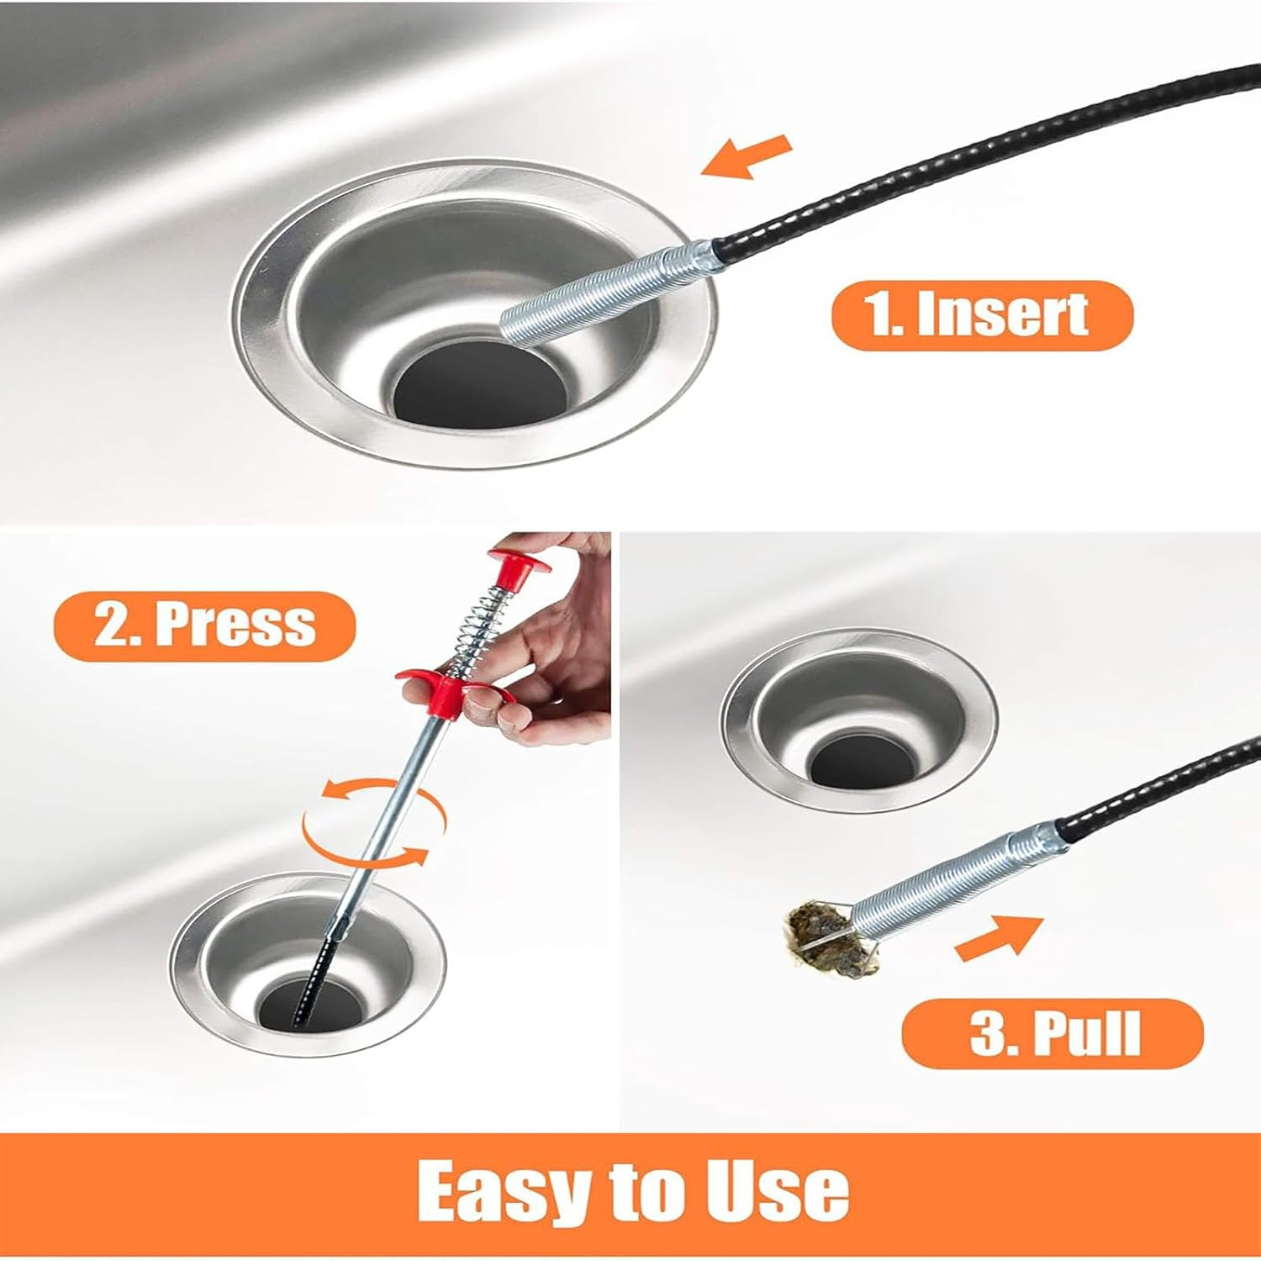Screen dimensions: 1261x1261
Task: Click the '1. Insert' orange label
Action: pyautogui.click(x=981, y=314)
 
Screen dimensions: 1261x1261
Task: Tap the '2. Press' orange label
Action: pyautogui.click(x=204, y=625)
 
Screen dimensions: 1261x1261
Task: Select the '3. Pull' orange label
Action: pyautogui.click(x=1053, y=1033)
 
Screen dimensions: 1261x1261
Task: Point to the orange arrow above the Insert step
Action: pyautogui.click(x=747, y=157)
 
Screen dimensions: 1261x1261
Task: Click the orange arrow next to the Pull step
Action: pyautogui.click(x=999, y=938)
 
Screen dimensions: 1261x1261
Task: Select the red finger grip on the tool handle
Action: pyautogui.click(x=446, y=688)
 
